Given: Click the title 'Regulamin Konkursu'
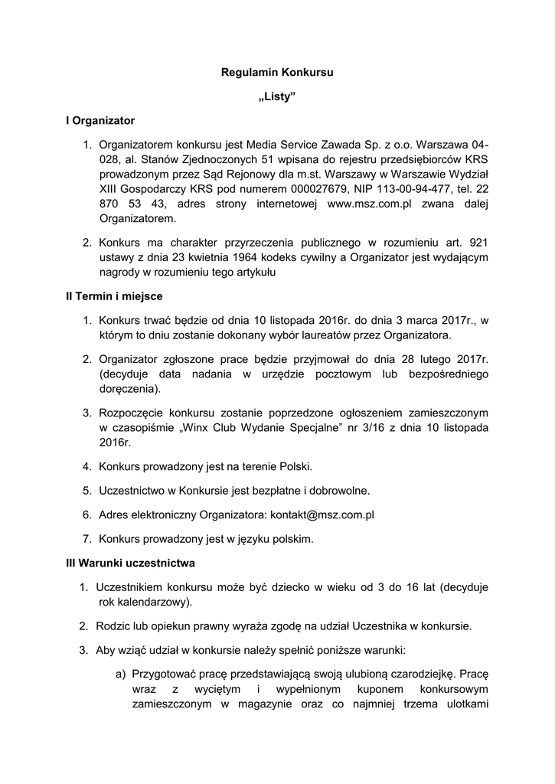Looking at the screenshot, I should [277, 73].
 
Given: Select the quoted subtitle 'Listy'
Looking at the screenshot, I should [277, 97].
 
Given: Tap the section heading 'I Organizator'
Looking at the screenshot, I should [100, 121].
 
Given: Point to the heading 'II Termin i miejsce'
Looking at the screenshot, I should [114, 296].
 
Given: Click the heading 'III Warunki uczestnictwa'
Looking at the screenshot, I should [131, 563].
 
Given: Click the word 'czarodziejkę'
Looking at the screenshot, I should [421, 675].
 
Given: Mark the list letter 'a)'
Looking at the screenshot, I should [120, 675].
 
